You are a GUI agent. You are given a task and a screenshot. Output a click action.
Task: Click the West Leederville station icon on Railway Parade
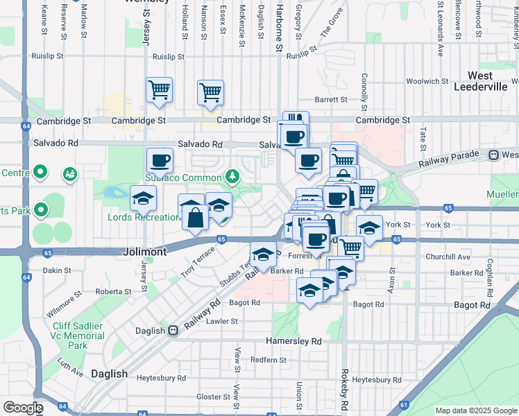[494, 155]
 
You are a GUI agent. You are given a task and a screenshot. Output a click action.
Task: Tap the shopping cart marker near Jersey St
[159, 89]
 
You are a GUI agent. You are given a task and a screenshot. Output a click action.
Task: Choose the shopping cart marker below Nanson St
[210, 92]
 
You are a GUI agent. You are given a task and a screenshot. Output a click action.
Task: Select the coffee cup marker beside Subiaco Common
[160, 161]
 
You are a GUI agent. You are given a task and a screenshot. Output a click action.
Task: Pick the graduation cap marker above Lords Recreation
[143, 199]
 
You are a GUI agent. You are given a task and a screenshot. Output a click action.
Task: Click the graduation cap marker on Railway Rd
[263, 254]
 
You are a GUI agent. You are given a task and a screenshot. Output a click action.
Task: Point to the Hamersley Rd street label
[294, 342]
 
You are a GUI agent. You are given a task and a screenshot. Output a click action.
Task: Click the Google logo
[22, 408]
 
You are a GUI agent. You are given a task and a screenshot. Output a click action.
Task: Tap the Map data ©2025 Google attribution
[475, 410]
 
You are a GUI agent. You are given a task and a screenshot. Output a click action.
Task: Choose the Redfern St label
[269, 360]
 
